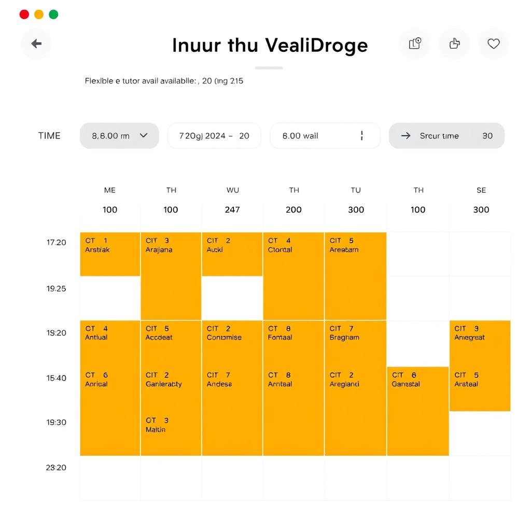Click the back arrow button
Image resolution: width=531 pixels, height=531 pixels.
coord(36,44)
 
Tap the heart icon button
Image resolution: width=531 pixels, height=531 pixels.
coord(493,44)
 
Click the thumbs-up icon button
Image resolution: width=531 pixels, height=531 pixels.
coord(454,44)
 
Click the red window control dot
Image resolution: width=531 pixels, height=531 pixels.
coord(24,15)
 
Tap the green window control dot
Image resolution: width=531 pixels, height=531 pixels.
coord(53,15)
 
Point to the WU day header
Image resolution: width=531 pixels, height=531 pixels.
coord(232,190)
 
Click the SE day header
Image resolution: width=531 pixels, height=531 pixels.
coord(481,190)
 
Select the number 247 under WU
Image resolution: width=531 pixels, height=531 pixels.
coord(232,209)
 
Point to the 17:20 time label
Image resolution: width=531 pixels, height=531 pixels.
coord(57,242)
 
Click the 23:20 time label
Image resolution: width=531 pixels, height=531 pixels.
coord(56,467)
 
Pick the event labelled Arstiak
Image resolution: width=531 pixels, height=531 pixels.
coord(97,249)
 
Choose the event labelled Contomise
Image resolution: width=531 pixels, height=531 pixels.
coord(224,338)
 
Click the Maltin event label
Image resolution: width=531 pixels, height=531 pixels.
coord(156,429)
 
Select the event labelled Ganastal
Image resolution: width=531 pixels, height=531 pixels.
coord(406,384)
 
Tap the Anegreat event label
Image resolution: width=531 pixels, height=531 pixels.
coord(469,338)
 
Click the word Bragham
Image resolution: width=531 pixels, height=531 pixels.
coord(344,338)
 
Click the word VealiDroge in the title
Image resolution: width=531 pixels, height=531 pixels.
coord(316,45)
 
